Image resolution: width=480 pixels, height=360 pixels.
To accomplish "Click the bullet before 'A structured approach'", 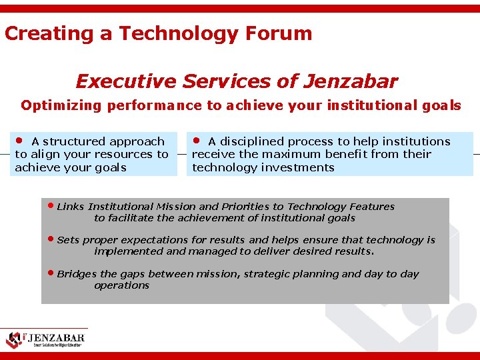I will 20,141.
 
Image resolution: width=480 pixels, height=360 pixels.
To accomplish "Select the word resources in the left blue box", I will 126,154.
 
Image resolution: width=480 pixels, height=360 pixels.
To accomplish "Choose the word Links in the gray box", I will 71,207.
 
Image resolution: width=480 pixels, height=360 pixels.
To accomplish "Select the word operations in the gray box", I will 122,285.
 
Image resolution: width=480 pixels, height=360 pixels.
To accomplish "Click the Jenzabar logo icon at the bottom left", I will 15,339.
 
